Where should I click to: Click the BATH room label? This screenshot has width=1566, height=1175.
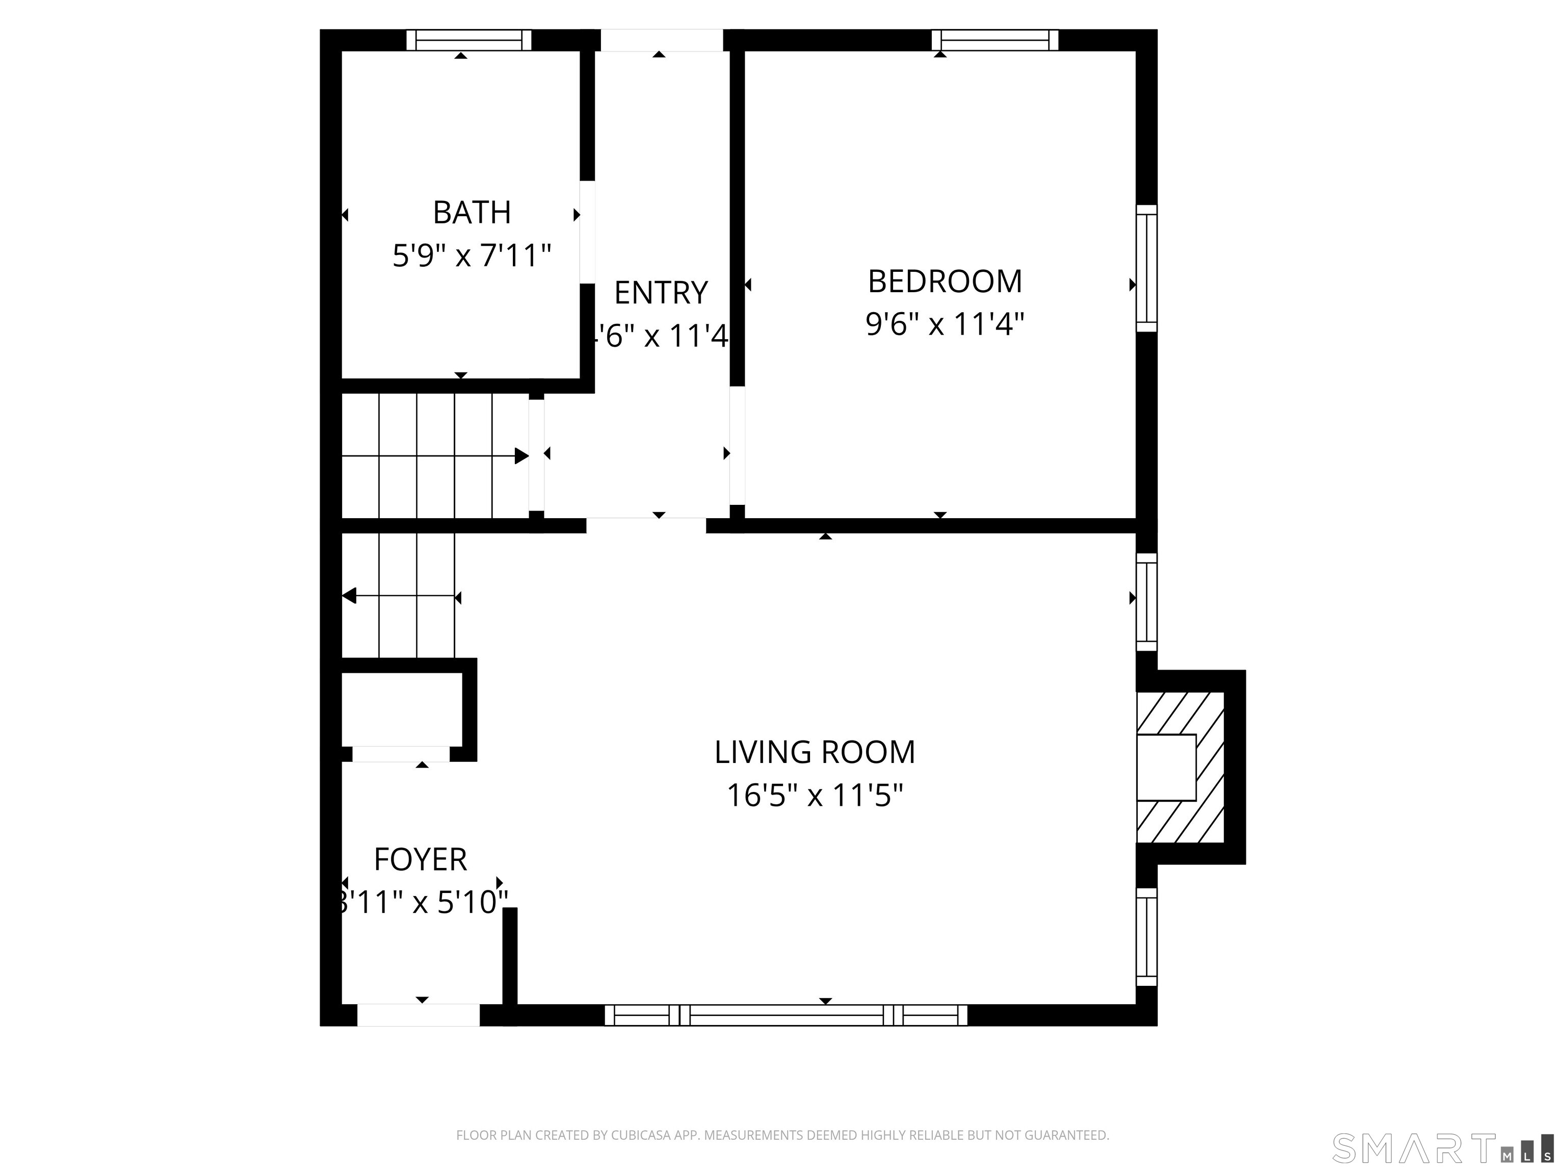(472, 213)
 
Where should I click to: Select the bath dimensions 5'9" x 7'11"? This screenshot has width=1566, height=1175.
(472, 255)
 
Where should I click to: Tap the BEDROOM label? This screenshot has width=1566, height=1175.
(945, 282)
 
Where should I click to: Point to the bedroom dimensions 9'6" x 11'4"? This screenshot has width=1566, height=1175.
(945, 324)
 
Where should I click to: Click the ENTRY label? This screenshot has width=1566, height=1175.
(661, 293)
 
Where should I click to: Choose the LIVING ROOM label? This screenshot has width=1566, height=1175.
(814, 752)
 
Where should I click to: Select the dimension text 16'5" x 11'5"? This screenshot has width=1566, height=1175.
(814, 796)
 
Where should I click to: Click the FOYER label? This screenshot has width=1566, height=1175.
(420, 860)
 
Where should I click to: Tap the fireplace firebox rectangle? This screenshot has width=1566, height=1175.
(1166, 768)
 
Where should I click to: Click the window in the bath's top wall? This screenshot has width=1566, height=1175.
(468, 40)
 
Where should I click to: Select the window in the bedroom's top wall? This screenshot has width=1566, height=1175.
(995, 40)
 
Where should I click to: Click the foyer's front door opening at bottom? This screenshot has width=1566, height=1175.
(419, 1015)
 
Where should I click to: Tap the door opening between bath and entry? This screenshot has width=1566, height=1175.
(587, 233)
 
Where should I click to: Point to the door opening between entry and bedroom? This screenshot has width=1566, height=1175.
(737, 445)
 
